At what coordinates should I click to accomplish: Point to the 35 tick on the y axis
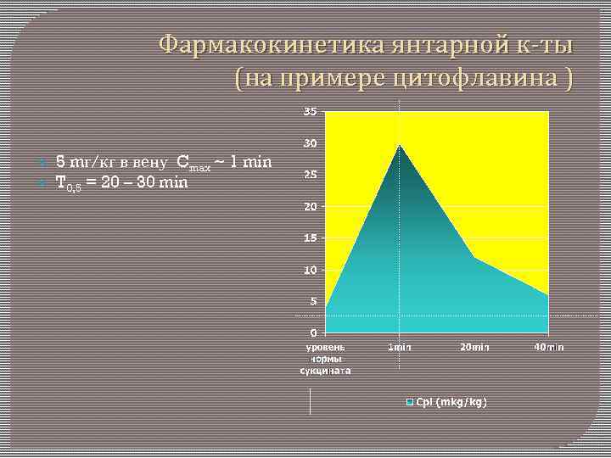click(311, 112)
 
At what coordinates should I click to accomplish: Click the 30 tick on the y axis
click(311, 143)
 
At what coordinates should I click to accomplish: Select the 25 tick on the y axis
click(311, 175)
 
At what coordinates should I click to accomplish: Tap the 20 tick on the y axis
click(311, 207)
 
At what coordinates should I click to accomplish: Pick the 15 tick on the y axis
click(311, 238)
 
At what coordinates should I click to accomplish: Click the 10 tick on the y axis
click(311, 270)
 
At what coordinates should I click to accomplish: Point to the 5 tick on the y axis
click(314, 301)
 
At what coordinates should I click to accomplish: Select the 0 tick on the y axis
click(314, 332)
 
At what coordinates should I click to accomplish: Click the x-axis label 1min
click(400, 348)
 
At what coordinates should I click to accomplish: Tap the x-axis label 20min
click(474, 348)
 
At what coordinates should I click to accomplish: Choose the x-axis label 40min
click(549, 348)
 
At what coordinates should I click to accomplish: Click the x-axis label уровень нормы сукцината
click(325, 359)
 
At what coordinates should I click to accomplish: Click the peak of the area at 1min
click(400, 144)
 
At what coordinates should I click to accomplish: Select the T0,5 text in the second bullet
click(70, 182)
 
